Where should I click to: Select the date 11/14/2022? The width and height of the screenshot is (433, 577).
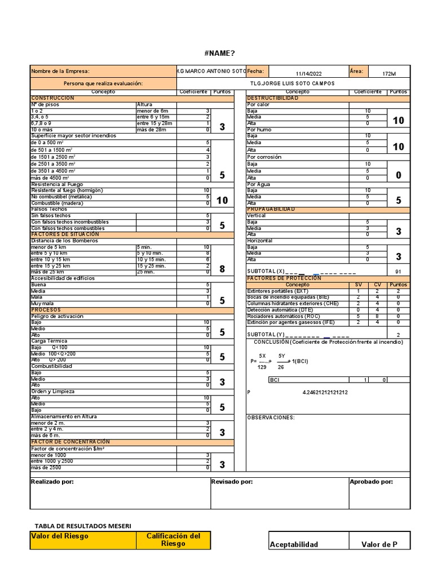[309, 73]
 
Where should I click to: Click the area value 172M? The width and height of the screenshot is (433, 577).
[388, 74]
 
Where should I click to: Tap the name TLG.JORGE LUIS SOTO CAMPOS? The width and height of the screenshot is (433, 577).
[292, 83]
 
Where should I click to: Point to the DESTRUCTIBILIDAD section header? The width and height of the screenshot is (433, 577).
[273, 98]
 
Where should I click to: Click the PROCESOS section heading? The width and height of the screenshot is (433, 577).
[46, 310]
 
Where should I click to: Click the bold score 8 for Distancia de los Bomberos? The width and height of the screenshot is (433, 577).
[222, 269]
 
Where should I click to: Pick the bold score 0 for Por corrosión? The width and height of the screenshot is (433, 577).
[398, 175]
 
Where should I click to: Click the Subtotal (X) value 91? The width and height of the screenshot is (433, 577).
[398, 272]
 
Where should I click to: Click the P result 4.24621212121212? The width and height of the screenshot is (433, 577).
[325, 392]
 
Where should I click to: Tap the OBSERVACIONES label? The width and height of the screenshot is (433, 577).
[271, 418]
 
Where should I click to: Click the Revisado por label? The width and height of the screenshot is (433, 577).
[232, 482]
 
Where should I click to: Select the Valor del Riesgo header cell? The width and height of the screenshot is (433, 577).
[60, 536]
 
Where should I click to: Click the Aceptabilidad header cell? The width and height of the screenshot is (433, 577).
[294, 544]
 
